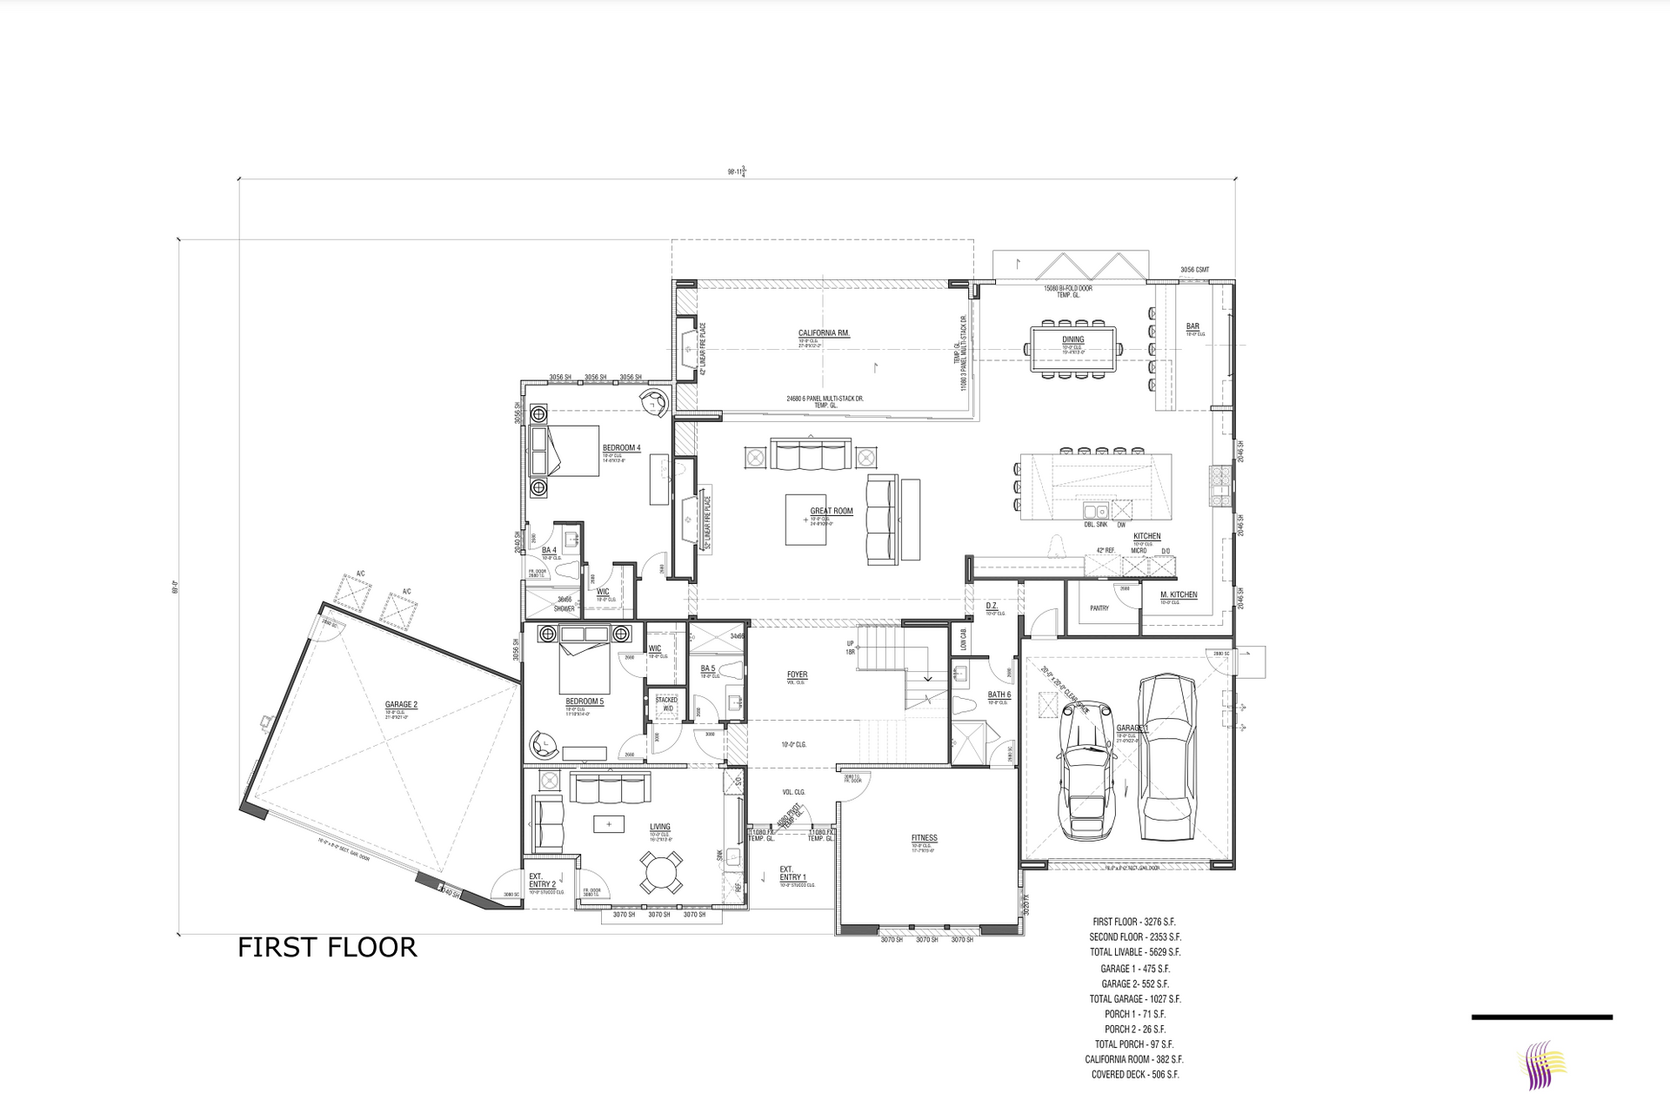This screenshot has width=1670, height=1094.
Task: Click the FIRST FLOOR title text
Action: click(327, 947)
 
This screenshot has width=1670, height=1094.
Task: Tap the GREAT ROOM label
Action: click(832, 512)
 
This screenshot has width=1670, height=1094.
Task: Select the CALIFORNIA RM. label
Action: click(824, 333)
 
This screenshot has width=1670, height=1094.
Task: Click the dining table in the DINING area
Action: click(1072, 350)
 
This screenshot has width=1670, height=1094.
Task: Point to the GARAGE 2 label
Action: click(401, 705)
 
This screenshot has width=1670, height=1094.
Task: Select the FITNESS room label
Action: click(924, 838)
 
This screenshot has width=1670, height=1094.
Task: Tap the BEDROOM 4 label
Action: click(621, 448)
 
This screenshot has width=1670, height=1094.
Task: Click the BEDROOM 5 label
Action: click(584, 701)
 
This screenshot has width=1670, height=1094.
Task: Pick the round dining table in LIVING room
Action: click(662, 872)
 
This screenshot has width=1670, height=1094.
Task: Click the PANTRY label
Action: click(1099, 608)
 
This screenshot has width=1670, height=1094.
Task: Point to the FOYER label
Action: click(797, 675)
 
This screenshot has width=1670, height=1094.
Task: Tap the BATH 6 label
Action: click(999, 695)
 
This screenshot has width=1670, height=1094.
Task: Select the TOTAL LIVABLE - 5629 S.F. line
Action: click(1135, 952)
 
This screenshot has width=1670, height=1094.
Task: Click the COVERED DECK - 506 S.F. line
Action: click(1135, 1075)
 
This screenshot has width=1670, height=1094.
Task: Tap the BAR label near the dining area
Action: click(1192, 327)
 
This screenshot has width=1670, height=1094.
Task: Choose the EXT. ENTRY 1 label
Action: click(792, 873)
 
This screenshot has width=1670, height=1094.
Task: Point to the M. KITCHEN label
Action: click(1179, 595)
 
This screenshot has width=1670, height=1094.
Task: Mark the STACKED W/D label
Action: click(666, 703)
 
